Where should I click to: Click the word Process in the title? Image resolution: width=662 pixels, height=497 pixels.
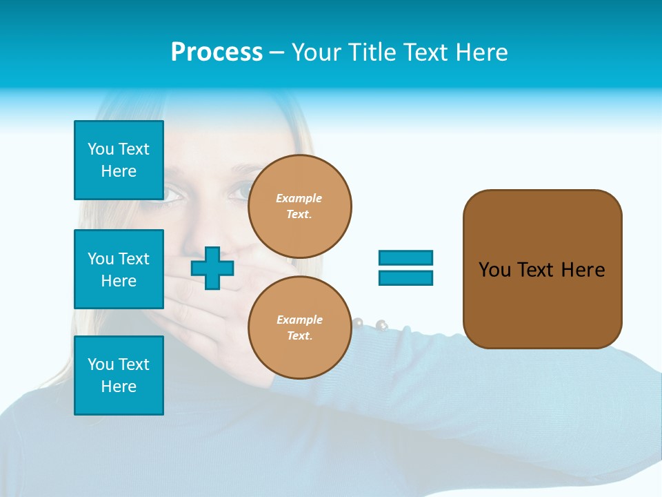(x=217, y=52)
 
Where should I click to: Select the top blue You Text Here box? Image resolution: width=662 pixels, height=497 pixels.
(x=119, y=160)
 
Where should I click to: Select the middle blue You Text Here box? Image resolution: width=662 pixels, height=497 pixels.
(x=119, y=269)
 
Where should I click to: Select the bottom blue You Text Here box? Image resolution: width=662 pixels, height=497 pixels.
(x=119, y=375)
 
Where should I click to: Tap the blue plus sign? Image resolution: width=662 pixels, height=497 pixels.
(x=212, y=268)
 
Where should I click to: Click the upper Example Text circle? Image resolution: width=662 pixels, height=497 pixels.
(x=299, y=206)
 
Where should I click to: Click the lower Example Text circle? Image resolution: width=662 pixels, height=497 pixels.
(x=299, y=327)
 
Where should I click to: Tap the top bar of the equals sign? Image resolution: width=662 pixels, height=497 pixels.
(x=405, y=257)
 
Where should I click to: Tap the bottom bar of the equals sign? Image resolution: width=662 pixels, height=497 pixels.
(x=405, y=277)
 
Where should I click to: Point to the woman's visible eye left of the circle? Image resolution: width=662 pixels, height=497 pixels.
(x=173, y=194)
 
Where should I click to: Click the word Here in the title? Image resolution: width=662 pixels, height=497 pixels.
(x=481, y=52)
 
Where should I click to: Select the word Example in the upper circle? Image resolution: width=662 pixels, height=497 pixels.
(x=299, y=198)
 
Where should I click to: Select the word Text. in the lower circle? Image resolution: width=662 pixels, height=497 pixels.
(x=299, y=335)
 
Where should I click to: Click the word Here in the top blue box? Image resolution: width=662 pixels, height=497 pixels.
(x=119, y=171)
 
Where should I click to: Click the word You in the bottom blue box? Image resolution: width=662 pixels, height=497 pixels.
(x=101, y=364)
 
